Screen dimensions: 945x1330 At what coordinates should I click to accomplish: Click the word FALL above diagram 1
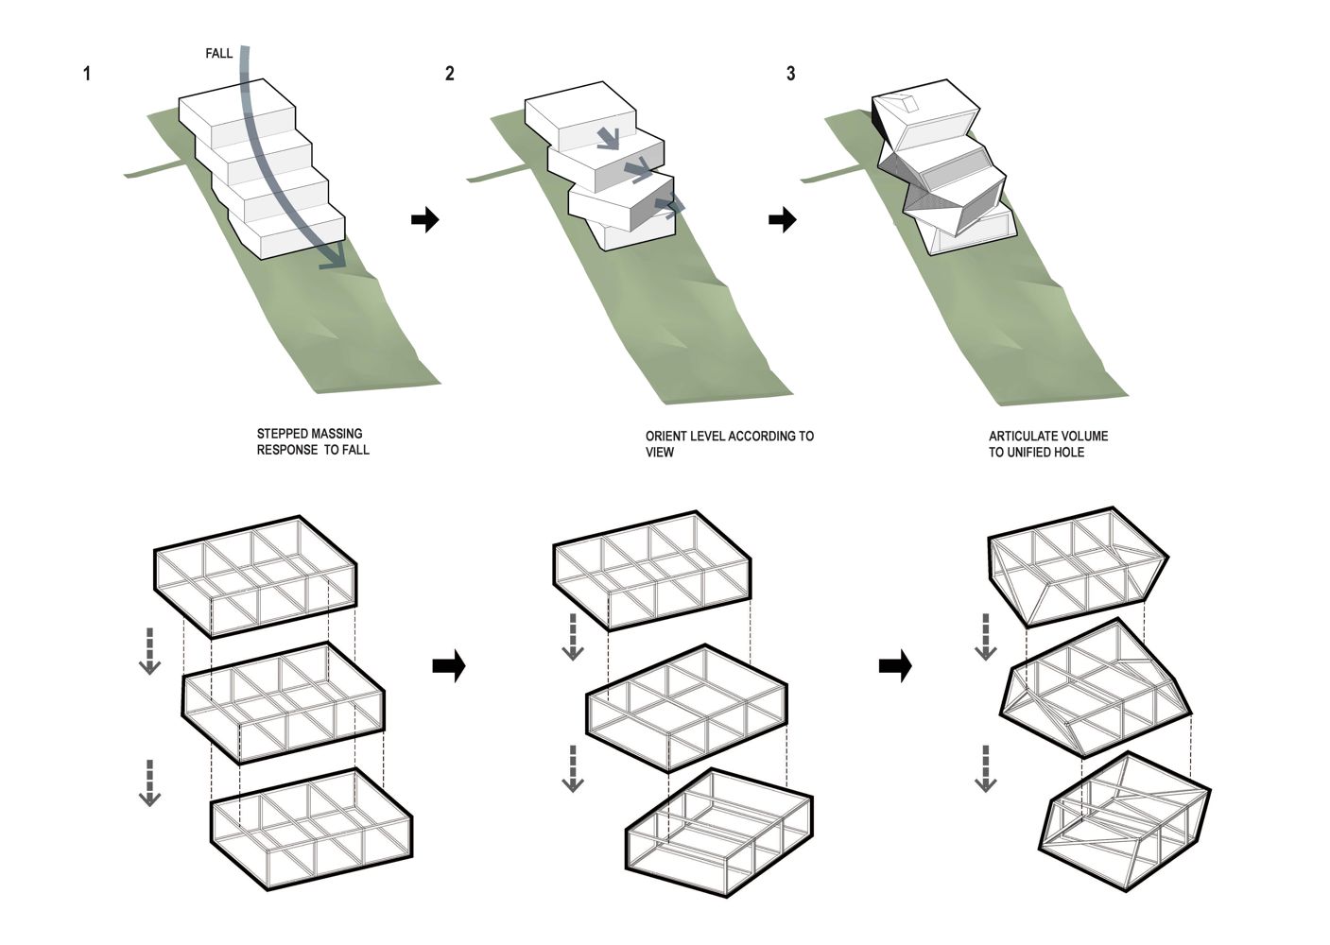point(218,54)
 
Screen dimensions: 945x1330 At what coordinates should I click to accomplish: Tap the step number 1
point(87,74)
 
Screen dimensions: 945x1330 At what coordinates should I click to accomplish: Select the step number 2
point(449,74)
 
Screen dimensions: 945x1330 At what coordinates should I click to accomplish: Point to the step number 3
point(790,74)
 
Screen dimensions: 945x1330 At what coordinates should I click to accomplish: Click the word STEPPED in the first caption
point(283,435)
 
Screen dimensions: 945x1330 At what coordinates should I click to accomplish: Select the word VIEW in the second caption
point(660,453)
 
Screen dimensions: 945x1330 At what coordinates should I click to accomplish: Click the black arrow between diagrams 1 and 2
point(425,220)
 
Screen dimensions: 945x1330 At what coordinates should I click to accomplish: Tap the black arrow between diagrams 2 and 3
point(782,220)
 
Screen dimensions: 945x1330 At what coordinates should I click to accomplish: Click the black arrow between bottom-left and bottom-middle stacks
point(449,666)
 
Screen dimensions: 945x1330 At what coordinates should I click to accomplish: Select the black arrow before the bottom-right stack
point(895,666)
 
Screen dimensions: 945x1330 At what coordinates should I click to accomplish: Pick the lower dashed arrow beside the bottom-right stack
point(986,768)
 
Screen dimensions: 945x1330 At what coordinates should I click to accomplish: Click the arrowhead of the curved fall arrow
point(332,258)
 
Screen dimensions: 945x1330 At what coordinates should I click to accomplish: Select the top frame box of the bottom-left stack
point(255,574)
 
